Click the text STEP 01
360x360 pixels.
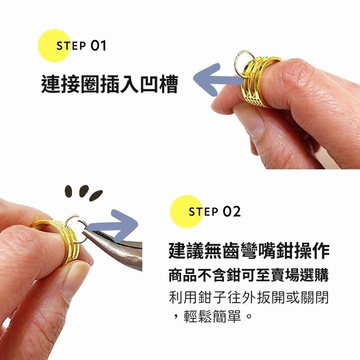click(x=81, y=46)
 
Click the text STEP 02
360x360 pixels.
click(x=214, y=211)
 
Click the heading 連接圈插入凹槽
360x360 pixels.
click(x=109, y=84)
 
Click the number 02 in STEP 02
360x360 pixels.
click(x=231, y=211)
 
